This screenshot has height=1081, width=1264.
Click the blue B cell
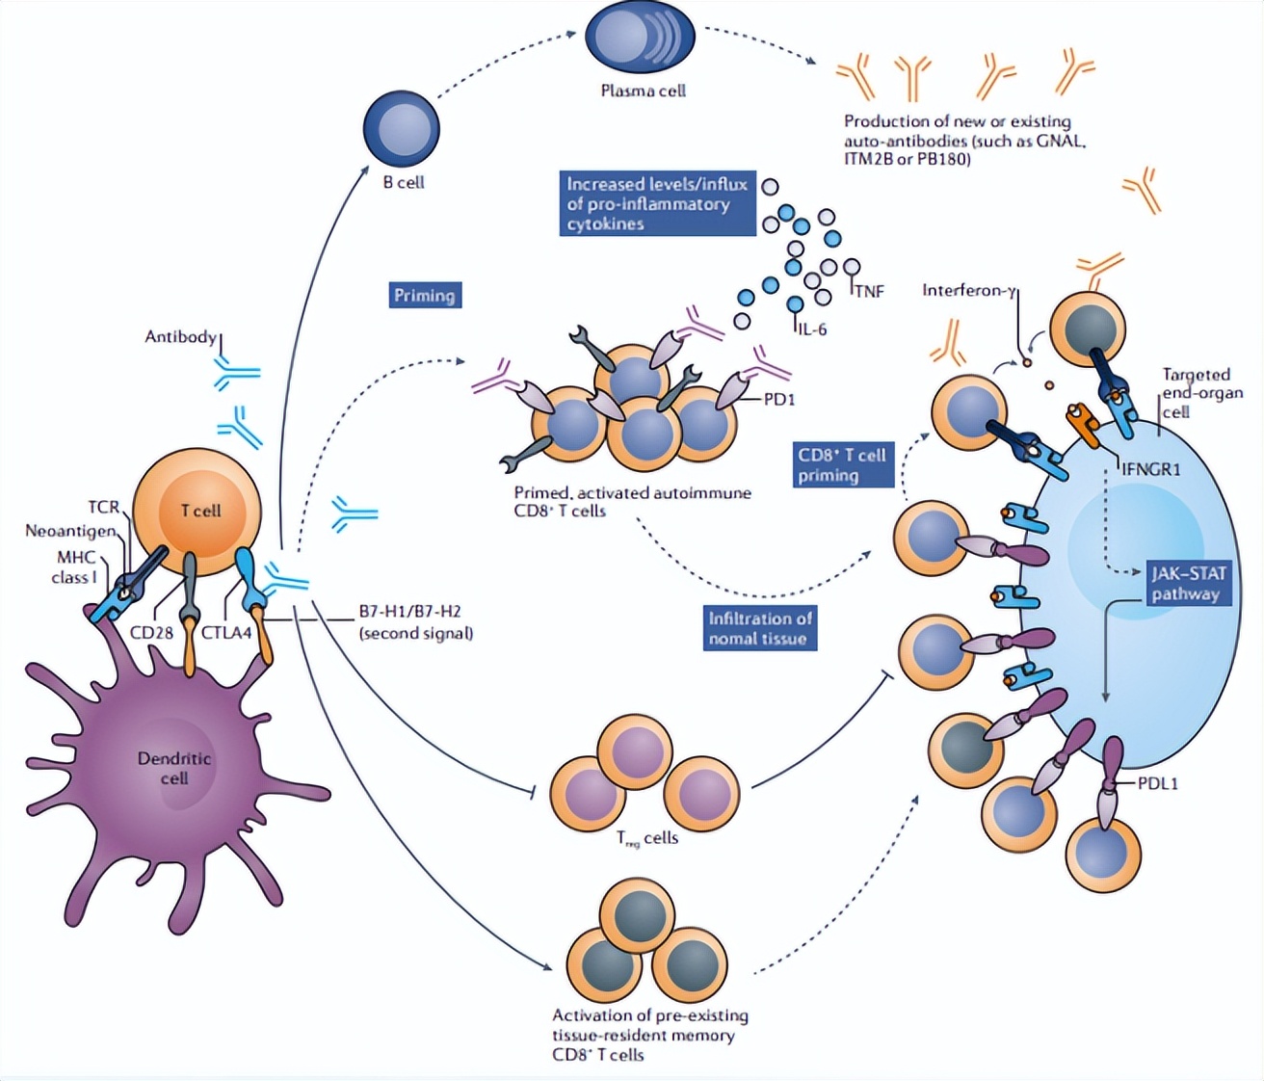coord(401,128)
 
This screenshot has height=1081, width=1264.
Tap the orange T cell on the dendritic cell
coord(197,510)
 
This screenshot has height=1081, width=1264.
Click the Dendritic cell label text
coord(173,768)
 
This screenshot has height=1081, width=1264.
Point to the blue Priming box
coord(425,295)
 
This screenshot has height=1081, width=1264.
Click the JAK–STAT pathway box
coord(1188,584)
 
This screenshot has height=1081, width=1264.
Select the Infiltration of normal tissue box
coord(760,628)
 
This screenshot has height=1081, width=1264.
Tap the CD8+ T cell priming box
coord(844,464)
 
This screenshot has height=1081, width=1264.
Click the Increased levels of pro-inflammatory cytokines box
coord(657,203)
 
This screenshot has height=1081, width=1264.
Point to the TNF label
coord(869,291)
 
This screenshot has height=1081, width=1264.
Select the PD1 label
coord(778,399)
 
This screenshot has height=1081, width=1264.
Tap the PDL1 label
coord(1157,783)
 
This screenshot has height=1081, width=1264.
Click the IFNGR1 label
coord(1150,469)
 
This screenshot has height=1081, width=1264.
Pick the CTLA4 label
coord(226,633)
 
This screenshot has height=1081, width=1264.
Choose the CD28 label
coord(151,633)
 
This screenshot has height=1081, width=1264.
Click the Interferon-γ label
coord(968,290)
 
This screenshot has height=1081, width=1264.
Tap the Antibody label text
coord(180,336)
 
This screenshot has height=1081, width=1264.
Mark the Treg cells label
coord(647,838)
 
